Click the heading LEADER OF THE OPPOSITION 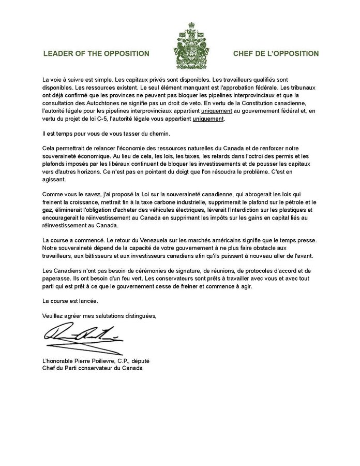[97, 53]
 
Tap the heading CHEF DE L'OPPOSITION [276, 53]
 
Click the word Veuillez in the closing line [54, 315]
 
